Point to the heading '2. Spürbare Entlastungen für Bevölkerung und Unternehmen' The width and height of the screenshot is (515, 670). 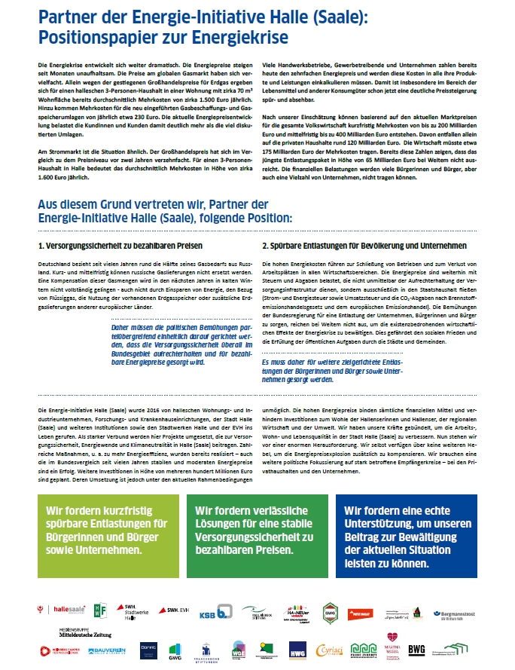(x=364, y=246)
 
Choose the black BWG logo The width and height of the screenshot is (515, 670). (x=416, y=648)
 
